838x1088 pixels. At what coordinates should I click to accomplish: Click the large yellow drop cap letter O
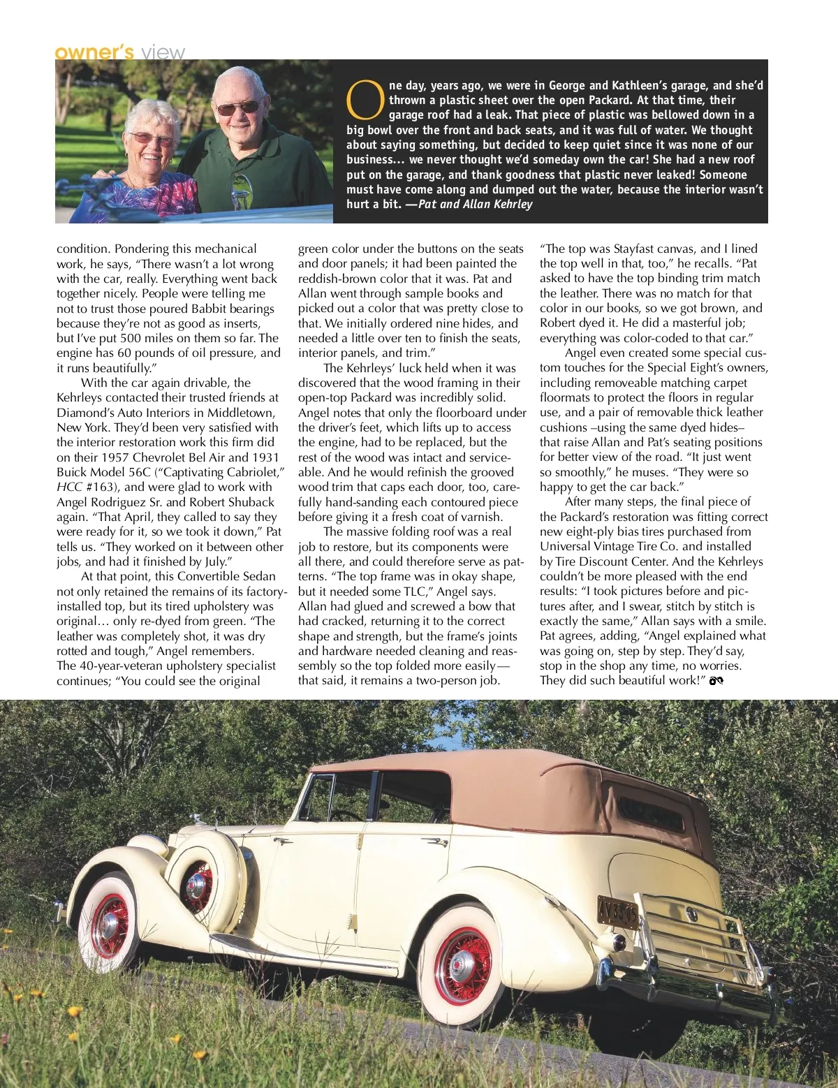point(365,100)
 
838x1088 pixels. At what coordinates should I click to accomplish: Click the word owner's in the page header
point(94,52)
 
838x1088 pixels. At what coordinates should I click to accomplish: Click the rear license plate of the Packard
point(617,912)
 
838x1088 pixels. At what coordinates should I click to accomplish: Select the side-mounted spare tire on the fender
point(204,875)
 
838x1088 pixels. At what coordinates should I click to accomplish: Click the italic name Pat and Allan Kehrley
point(475,204)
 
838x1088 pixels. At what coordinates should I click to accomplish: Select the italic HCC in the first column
point(70,487)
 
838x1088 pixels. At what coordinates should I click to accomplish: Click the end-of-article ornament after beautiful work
point(715,681)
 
